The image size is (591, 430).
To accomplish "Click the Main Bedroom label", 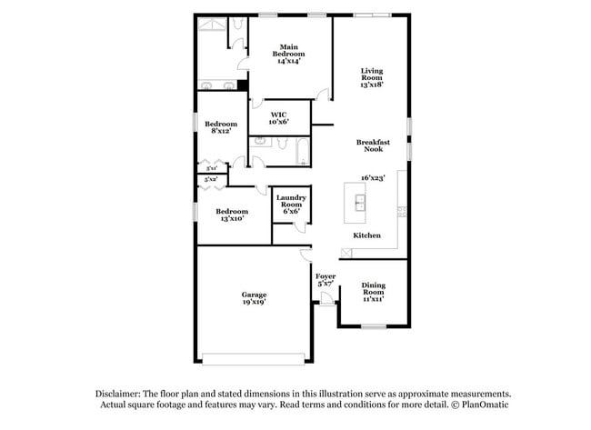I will coord(288,54).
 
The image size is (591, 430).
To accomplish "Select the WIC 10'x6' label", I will coord(279,118).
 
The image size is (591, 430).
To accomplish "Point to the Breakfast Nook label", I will coord(373,146).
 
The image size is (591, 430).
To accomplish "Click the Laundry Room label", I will coord(292,204).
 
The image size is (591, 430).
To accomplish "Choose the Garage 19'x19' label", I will coord(254,298).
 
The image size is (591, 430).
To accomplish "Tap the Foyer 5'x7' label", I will coord(326,279).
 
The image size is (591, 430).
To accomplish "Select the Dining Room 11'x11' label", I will coord(374,292).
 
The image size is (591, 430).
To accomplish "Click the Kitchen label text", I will coord(366,235).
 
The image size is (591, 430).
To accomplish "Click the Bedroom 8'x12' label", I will coord(220,128).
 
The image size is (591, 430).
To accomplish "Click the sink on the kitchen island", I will coord(360,201).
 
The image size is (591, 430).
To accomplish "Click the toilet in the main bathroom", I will coord(235,26).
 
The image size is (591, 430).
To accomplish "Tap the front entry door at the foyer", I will coord(326,311).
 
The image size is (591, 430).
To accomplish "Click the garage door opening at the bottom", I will coord(252,356).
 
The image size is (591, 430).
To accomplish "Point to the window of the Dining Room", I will coord(374,325).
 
